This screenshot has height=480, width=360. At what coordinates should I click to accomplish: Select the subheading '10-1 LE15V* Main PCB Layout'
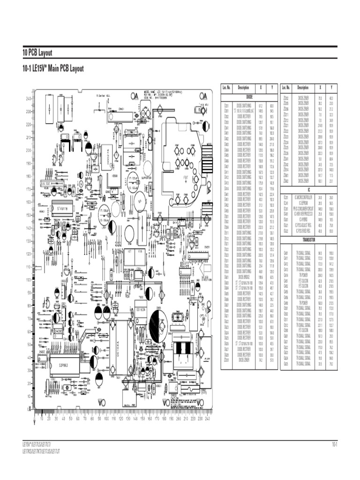click(53, 69)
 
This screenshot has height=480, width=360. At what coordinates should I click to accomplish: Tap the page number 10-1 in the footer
click(335, 444)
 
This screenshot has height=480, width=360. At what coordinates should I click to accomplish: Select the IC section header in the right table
click(308, 190)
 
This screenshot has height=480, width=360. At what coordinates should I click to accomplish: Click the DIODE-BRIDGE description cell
click(243, 277)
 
